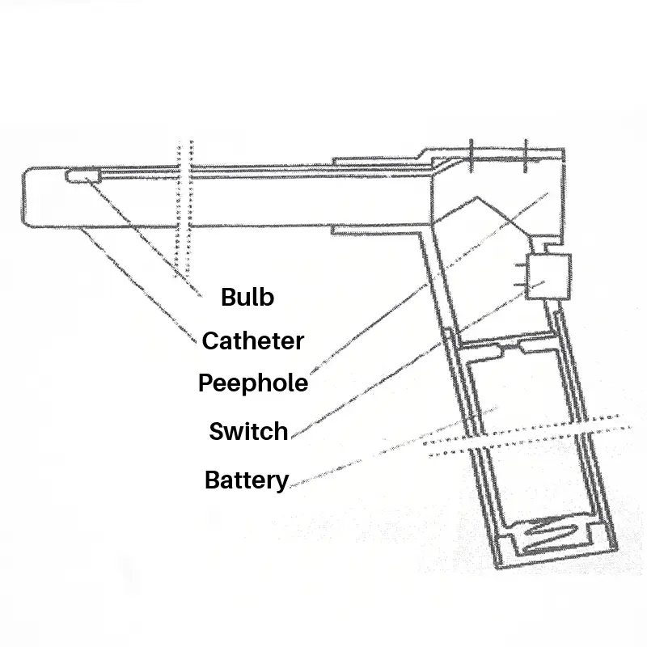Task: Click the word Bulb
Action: point(247,298)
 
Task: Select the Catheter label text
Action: point(252,340)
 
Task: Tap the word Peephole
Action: point(253,382)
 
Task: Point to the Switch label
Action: point(248,431)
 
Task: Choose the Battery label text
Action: point(247,480)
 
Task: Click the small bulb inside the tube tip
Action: point(81,175)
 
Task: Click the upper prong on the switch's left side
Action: point(521,264)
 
